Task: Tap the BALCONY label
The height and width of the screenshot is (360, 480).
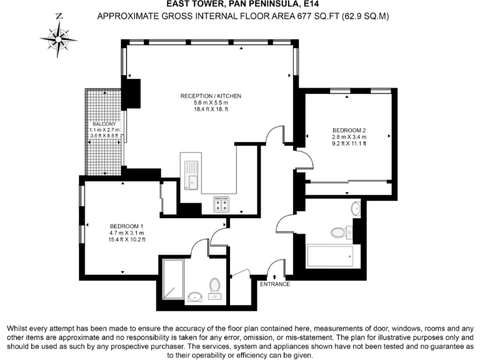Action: pyautogui.click(x=104, y=124)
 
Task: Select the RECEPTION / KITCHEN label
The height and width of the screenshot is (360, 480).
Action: pyautogui.click(x=210, y=96)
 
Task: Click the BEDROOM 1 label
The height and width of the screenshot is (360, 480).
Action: pyautogui.click(x=127, y=226)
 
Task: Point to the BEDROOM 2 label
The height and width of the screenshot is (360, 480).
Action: pyautogui.click(x=349, y=130)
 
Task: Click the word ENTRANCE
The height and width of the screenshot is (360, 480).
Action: pyautogui.click(x=275, y=284)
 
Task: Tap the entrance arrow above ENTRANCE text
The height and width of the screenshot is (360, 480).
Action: pyautogui.click(x=275, y=276)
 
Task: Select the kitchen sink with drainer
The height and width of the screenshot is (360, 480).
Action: pyautogui.click(x=192, y=174)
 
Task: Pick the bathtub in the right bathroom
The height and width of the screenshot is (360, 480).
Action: pyautogui.click(x=329, y=256)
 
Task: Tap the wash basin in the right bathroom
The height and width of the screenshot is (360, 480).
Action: pyautogui.click(x=356, y=209)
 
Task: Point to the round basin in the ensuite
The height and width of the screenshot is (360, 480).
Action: pyautogui.click(x=195, y=297)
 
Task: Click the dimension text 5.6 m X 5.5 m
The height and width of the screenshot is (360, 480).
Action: pyautogui.click(x=210, y=102)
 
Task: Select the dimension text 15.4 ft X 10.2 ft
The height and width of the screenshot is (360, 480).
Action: pyautogui.click(x=127, y=239)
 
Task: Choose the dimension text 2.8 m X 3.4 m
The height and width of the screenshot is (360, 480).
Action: pyautogui.click(x=349, y=137)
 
